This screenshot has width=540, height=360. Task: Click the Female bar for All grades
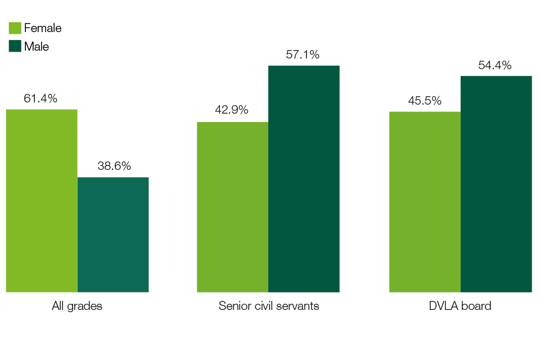42,201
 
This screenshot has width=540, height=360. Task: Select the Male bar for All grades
113,235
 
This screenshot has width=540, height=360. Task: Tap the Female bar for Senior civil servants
232,207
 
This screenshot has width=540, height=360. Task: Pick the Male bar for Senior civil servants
304,179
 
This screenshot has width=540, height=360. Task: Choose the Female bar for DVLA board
425,202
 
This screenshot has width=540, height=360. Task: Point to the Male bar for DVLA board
496,184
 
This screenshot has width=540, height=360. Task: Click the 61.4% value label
40,98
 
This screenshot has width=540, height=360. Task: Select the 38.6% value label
114,166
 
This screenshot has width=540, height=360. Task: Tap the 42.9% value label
232,110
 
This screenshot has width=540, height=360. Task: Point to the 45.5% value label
425,101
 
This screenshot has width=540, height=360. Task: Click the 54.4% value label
495,65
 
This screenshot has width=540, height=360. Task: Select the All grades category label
77,307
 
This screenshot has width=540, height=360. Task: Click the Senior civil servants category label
269,307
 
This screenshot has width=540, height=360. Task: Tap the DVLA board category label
461,307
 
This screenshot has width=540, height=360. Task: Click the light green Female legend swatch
15,28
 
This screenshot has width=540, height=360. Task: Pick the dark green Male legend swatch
15,46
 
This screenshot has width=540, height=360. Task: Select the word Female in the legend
43,28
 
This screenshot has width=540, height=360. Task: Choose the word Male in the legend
37,47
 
